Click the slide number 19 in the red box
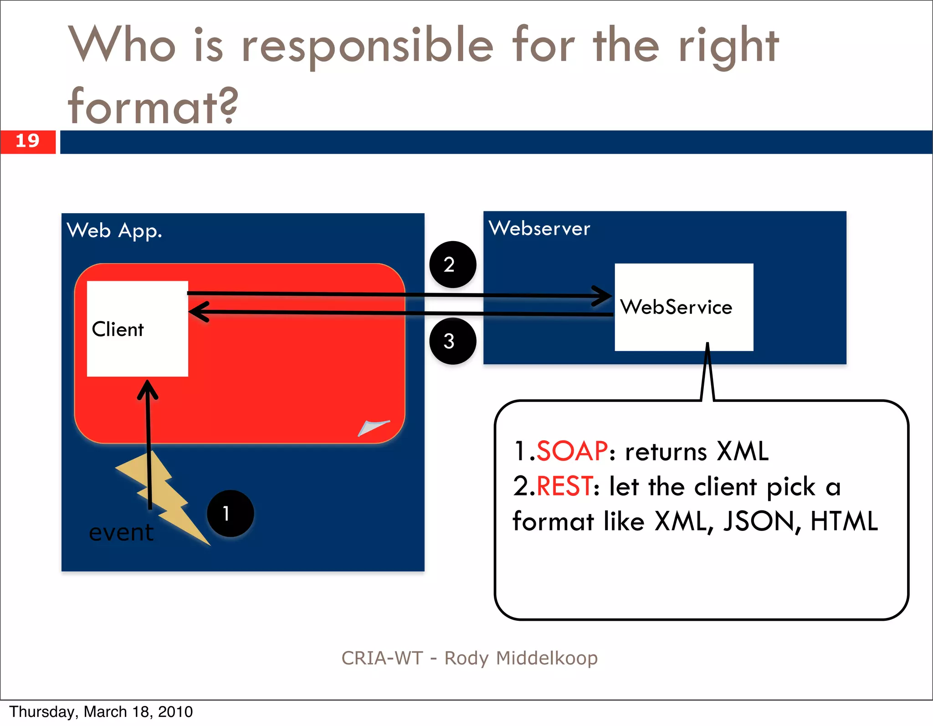pos(27,141)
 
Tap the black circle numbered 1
pos(230,513)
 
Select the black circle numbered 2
pos(452,264)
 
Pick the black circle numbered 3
pos(452,341)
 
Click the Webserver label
pos(539,228)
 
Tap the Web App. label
pos(114,231)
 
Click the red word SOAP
pos(572,451)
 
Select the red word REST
pos(564,486)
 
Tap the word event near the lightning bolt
pos(121,532)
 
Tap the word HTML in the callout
pos(844,521)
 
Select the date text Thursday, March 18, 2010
pos(101,712)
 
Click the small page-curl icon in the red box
pos(373,427)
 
